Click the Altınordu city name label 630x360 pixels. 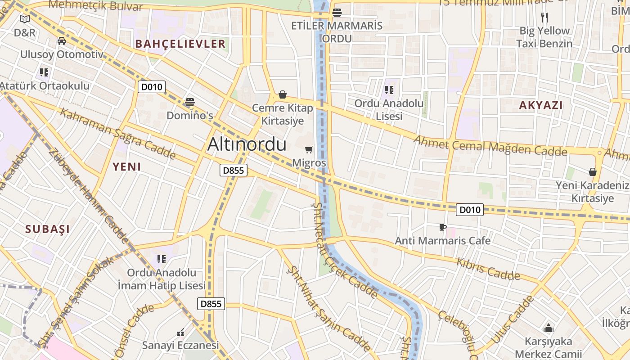coord(247,144)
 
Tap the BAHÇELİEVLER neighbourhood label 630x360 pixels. coord(180,44)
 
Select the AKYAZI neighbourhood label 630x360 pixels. coord(541,105)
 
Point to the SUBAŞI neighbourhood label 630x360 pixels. coord(48,229)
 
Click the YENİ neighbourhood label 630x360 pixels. coord(127,167)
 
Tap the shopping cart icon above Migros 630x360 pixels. coord(309,149)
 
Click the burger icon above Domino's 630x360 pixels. coord(190,102)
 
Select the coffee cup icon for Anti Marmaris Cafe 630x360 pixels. coord(443,228)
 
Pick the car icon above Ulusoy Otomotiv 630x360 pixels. coord(62,41)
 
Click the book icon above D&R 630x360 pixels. coord(24,19)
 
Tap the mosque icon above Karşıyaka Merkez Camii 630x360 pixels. coord(548,328)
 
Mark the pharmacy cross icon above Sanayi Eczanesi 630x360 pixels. coord(180,333)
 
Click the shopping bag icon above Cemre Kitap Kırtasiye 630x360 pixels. coord(283,94)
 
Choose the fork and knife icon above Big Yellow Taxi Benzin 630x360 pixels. coord(545,18)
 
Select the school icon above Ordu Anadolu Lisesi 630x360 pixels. coord(389,90)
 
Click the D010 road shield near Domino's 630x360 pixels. coord(152,87)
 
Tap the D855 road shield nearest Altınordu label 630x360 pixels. coord(234,171)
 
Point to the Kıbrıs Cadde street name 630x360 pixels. coord(488,269)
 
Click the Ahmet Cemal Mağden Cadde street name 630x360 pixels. coord(490,146)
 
